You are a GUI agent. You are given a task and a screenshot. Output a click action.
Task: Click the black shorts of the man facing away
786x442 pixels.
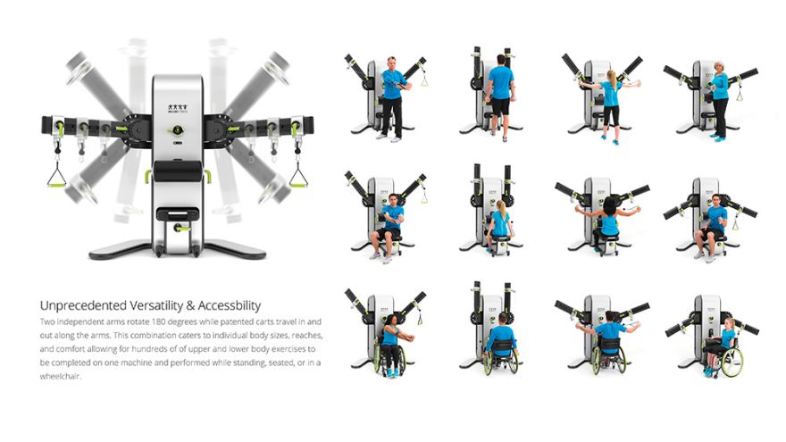click(x=501, y=107)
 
